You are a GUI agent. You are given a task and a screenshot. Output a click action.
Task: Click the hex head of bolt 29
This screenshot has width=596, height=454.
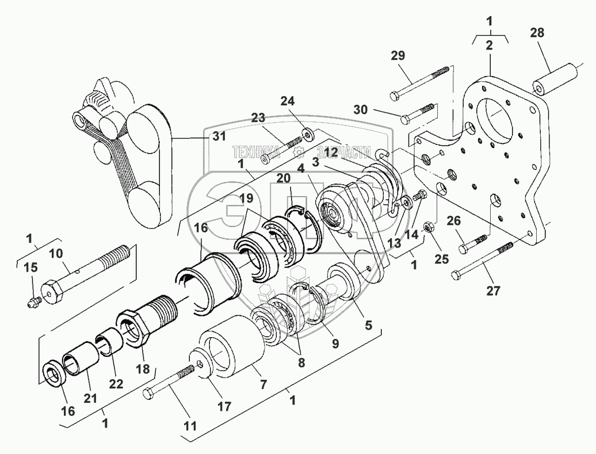point(395,94)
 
